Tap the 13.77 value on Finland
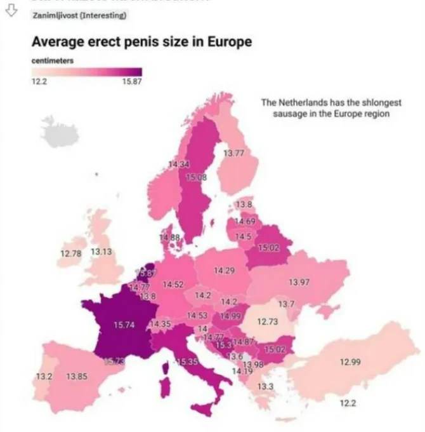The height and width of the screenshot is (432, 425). [234, 153]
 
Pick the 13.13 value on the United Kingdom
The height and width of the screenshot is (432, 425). [101, 252]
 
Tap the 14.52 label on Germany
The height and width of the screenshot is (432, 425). [173, 284]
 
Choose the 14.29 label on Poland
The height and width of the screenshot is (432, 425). [225, 271]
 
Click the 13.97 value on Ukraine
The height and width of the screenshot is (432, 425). [299, 281]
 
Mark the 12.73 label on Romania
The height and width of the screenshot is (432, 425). [268, 321]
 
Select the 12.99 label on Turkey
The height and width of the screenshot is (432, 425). [351, 361]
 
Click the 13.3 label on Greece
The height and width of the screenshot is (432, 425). [265, 386]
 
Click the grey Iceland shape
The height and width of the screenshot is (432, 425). [60, 130]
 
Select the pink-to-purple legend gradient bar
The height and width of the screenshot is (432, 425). [87, 72]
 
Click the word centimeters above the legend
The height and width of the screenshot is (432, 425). [53, 60]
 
